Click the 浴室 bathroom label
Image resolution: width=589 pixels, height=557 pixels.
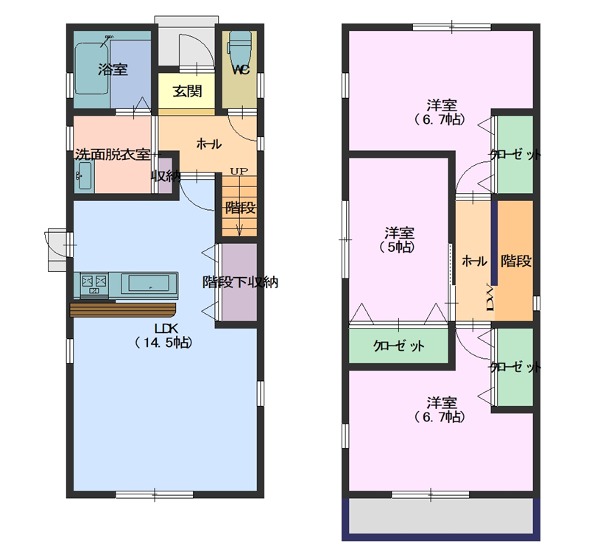pos(113,69)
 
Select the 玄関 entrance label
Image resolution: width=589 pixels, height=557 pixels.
pos(188,91)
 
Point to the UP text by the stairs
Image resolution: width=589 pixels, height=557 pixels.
pos(239,172)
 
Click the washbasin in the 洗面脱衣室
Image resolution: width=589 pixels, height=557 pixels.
pos(84,176)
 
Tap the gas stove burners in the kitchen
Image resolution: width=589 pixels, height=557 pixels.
pos(94,284)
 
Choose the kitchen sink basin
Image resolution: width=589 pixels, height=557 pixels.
pos(149,283)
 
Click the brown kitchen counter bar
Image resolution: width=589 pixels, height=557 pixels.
pos(123,309)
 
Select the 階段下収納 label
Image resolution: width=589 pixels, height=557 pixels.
pos(240,282)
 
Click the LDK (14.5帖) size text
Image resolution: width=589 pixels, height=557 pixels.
pos(163,336)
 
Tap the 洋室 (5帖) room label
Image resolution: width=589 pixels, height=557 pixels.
pos(399,239)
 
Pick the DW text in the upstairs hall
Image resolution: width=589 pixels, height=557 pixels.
pos(490,297)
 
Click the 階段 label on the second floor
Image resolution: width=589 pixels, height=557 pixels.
pos(516,261)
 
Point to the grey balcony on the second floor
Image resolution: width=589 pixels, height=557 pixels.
pos(441,516)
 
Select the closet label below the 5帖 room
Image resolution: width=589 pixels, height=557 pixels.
pos(398,346)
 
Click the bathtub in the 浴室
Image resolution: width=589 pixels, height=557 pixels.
pos(92,69)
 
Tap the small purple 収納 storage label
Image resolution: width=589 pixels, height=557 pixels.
pos(166,176)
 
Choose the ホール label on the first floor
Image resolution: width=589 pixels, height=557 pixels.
pos(209,144)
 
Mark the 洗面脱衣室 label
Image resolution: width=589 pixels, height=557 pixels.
pos(113,155)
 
